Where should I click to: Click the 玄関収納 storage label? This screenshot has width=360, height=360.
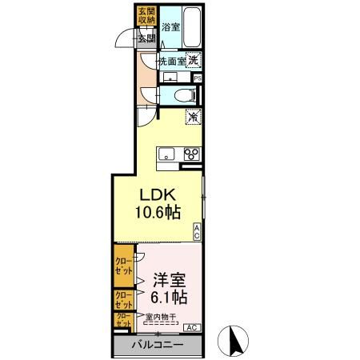(146, 17)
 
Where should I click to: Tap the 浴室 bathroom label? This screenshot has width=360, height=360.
(170, 26)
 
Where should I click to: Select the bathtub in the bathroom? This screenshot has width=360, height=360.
(192, 25)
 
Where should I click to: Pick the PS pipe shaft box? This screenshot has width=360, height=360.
(198, 78)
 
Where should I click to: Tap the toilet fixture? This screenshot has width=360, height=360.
(183, 95)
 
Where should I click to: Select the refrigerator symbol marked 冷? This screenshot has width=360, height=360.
(194, 117)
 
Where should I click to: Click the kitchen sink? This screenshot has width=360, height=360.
(167, 154)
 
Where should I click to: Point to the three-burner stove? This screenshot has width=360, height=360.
(192, 154)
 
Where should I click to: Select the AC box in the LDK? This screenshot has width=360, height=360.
(198, 231)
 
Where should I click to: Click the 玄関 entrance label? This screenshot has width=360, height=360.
(146, 38)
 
